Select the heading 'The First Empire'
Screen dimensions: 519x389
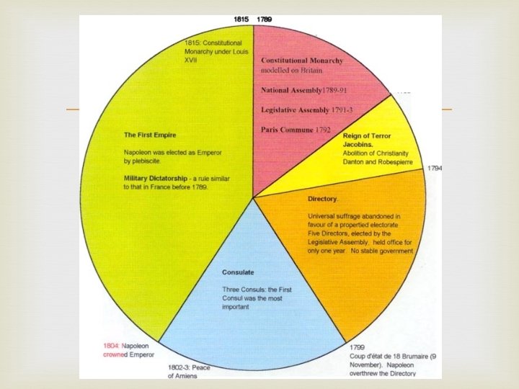click(150, 135)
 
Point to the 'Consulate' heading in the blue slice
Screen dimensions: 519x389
click(239, 273)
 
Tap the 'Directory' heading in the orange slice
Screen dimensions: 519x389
click(323, 198)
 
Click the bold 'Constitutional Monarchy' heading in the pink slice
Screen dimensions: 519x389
click(312, 60)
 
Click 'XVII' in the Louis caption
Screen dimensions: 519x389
click(192, 60)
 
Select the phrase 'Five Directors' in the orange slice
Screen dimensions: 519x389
click(328, 233)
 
